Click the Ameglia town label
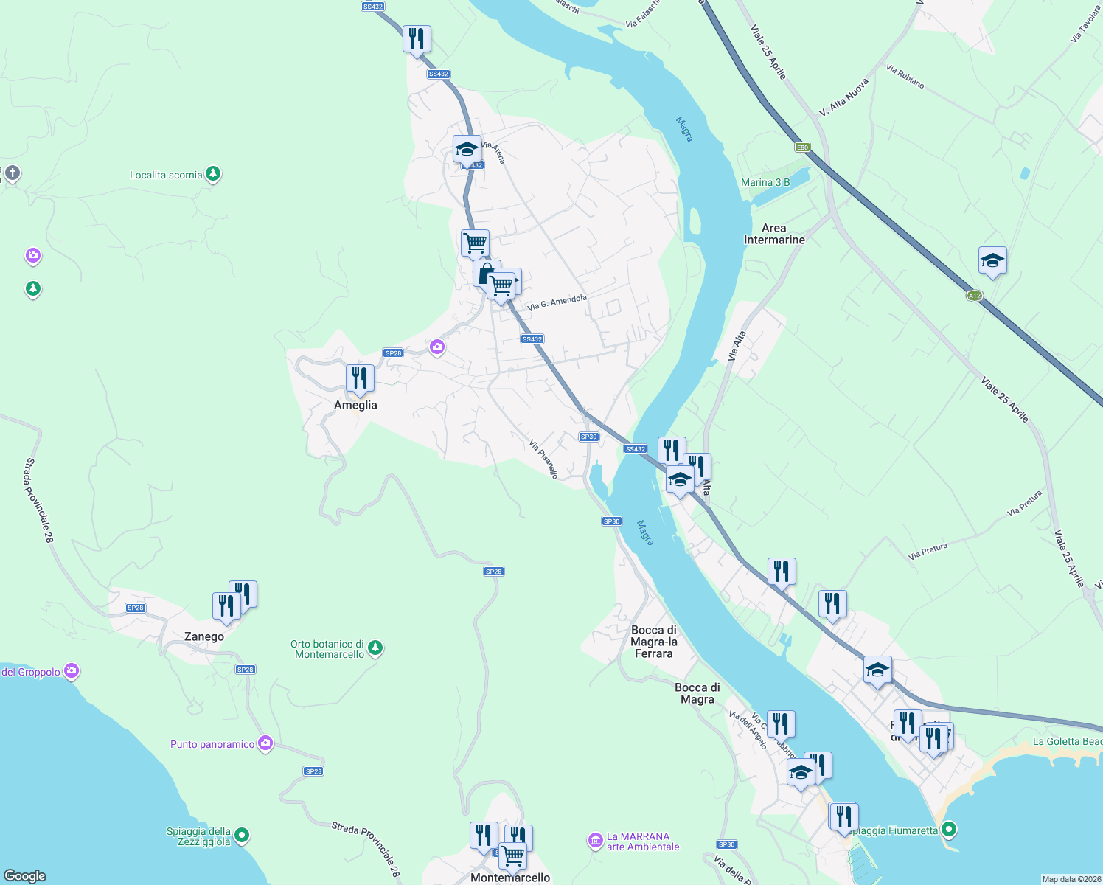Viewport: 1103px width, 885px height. (x=355, y=405)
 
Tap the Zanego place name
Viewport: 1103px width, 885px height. (x=204, y=636)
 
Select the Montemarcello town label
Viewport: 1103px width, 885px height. (x=510, y=878)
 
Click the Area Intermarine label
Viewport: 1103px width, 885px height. (x=774, y=234)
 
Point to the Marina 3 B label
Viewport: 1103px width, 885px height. (x=765, y=182)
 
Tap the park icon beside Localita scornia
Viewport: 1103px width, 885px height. (x=213, y=174)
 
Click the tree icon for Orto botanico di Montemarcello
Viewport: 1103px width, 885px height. (x=375, y=648)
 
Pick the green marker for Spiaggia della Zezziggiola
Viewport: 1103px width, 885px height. (x=242, y=836)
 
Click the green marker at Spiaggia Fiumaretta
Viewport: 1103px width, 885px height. (x=949, y=830)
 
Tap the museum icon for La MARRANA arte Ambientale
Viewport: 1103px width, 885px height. (x=595, y=841)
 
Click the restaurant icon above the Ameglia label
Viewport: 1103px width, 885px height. (x=360, y=378)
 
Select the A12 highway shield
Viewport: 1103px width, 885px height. (x=975, y=296)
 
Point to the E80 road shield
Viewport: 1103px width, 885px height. (x=802, y=147)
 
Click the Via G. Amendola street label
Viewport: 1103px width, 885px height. (x=557, y=302)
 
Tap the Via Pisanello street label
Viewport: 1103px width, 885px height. (x=543, y=459)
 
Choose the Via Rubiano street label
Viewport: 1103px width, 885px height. (x=905, y=77)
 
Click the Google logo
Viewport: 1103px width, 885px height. (x=25, y=875)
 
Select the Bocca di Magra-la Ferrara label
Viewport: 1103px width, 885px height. (x=654, y=642)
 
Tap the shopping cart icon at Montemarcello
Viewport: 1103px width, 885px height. (x=512, y=855)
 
